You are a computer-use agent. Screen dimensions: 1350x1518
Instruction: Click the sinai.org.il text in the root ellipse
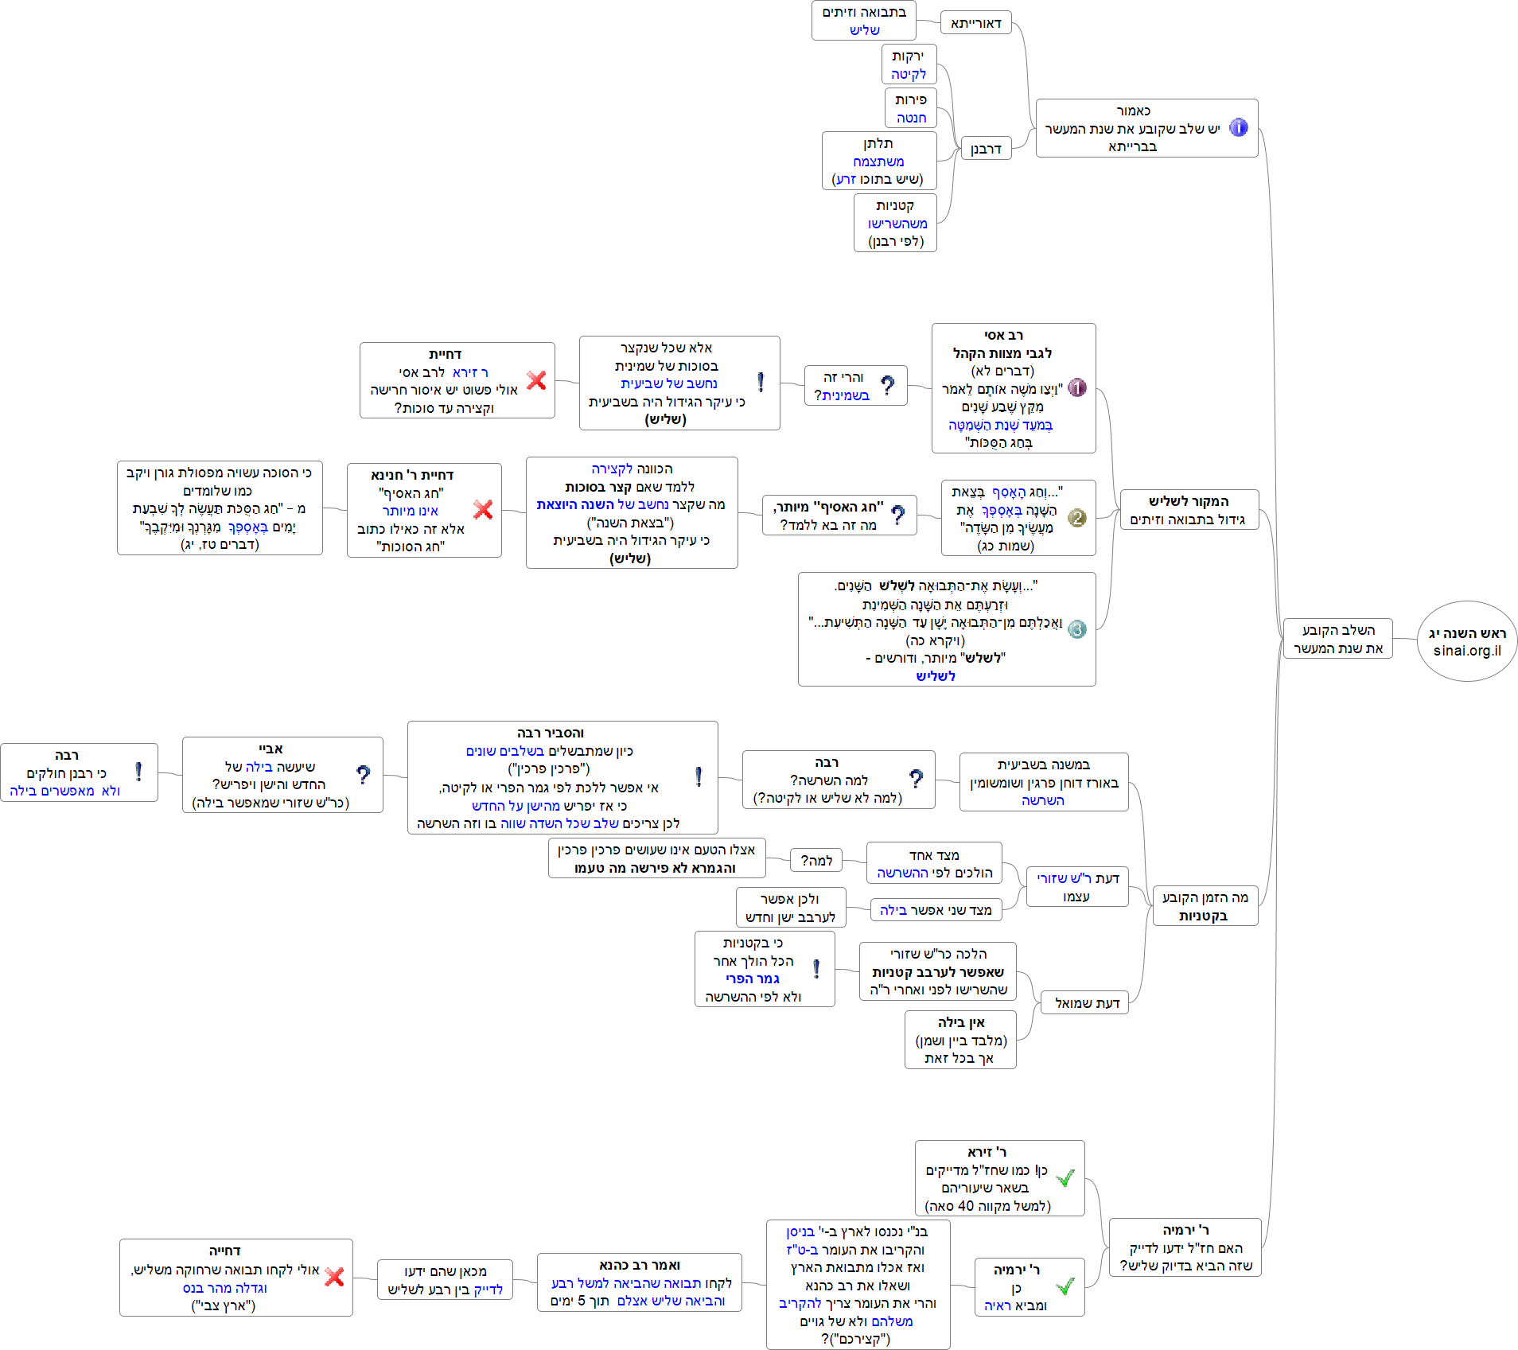[x=1467, y=651]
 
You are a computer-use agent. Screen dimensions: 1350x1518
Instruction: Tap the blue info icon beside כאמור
[x=1239, y=127]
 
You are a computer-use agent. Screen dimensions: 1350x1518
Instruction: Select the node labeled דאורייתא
[x=976, y=23]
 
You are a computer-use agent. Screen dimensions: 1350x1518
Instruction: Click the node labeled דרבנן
[x=986, y=149]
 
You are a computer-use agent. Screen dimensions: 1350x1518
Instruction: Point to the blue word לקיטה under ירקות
[x=909, y=74]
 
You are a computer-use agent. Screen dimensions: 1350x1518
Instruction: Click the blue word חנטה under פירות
[x=911, y=118]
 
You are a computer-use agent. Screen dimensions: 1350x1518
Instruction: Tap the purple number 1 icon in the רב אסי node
[x=1076, y=387]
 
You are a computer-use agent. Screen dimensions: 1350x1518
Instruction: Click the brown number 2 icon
[x=1076, y=518]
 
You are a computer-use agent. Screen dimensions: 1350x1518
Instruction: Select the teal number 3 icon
[x=1076, y=629]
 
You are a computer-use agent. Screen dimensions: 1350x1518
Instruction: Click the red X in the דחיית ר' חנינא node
[x=483, y=509]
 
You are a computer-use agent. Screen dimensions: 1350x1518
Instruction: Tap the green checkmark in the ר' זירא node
[x=1065, y=1177]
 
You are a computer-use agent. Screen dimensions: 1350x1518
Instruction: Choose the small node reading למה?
[x=816, y=860]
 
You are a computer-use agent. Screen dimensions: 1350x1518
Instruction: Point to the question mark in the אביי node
[x=364, y=775]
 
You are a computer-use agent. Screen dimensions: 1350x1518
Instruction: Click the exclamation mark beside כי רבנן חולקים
[x=138, y=772]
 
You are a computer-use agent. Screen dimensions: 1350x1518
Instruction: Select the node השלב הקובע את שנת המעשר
[x=1338, y=639]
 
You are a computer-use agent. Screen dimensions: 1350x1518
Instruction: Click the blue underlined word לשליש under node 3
[x=935, y=676]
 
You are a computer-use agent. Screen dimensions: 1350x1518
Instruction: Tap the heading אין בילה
[x=961, y=1022]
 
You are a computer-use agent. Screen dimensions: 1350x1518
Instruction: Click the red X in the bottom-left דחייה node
[x=335, y=1277]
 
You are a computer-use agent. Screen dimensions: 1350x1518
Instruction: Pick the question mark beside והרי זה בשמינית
[x=888, y=386]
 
